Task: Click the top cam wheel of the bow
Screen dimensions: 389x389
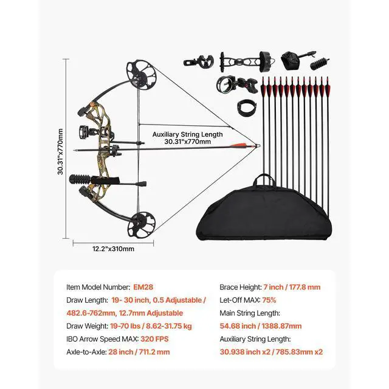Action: click(x=138, y=72)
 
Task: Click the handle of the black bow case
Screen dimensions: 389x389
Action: click(x=264, y=180)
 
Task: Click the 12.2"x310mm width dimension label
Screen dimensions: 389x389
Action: click(x=113, y=249)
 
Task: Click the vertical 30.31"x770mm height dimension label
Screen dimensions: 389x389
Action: click(x=61, y=150)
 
